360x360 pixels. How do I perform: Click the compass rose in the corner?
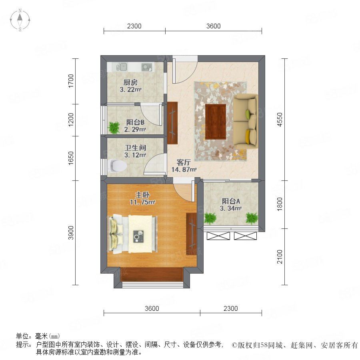point(20,20)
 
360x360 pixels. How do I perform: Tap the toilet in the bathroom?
point(117,166)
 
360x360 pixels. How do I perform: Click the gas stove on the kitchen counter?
point(147,67)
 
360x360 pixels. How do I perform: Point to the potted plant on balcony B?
point(114,128)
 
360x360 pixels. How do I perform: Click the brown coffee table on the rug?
point(216,122)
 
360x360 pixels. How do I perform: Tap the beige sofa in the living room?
point(246,121)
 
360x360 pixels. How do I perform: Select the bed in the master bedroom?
point(132,234)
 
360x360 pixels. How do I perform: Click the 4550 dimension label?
point(280,119)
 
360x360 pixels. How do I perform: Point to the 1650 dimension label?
point(71,158)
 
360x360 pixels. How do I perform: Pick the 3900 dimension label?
point(71,232)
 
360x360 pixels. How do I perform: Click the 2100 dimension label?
point(280,257)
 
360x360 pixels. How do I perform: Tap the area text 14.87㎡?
point(184,170)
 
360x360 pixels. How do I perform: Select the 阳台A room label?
point(231,201)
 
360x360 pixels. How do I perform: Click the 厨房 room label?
point(130,82)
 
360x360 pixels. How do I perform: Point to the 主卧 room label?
point(142,195)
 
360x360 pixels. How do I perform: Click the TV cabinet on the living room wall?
point(172,123)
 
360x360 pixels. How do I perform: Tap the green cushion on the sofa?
point(248,114)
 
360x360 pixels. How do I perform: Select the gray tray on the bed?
point(138,236)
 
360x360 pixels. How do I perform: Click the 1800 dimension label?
point(280,204)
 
